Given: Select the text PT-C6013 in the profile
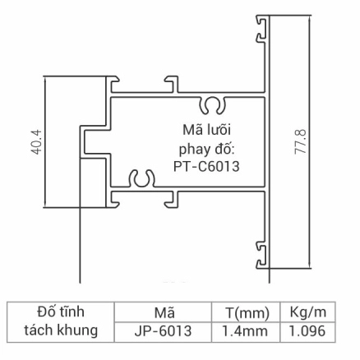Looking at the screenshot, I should (207, 165).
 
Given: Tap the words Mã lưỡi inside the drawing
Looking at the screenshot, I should (206, 129).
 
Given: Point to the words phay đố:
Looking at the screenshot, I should (207, 148).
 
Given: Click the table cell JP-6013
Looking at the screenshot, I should (163, 330).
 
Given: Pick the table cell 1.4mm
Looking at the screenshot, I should (246, 330).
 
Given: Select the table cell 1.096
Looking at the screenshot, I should (307, 330).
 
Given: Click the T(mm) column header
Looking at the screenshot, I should (246, 312).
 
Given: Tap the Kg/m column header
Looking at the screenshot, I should (307, 312).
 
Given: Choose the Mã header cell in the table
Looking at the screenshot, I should (163, 312).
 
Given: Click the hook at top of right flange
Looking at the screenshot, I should (262, 30).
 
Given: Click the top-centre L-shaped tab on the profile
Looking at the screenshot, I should (172, 84).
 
